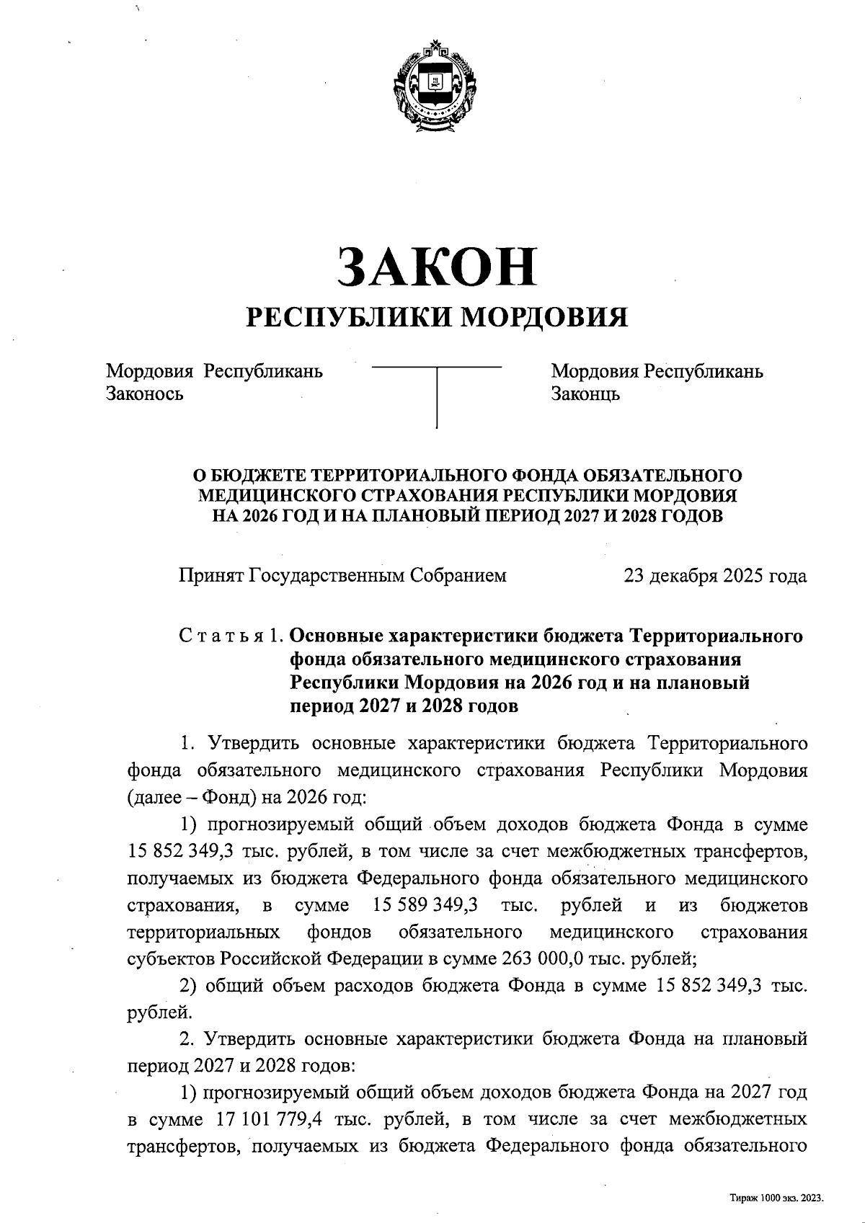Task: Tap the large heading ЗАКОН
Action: (438, 265)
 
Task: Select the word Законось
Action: (144, 394)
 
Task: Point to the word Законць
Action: (585, 394)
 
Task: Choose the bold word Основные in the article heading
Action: (335, 636)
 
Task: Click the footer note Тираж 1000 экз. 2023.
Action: (776, 1198)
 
